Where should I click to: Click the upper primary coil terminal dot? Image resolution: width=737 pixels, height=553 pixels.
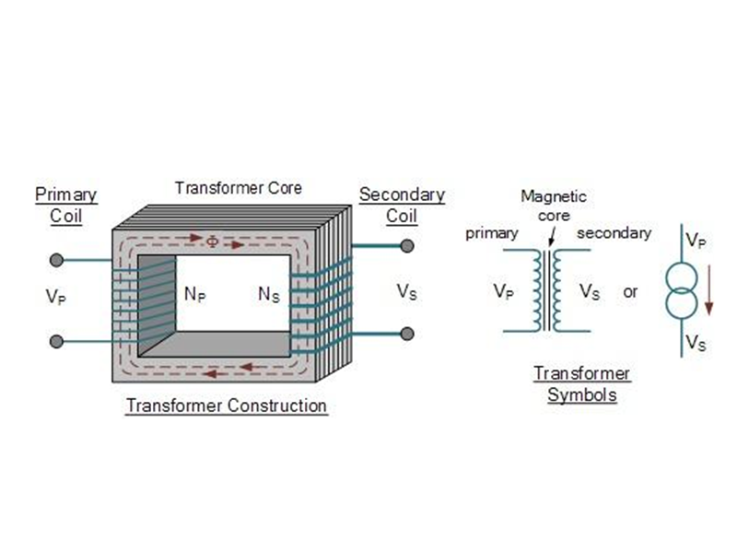click(x=56, y=260)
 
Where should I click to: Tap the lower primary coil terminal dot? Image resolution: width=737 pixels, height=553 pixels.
click(x=56, y=341)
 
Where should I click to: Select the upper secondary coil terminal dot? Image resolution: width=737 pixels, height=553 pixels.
click(x=407, y=245)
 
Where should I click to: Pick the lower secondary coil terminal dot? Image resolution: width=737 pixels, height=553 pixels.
click(x=407, y=334)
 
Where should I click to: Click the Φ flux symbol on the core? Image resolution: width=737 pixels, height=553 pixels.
click(x=213, y=241)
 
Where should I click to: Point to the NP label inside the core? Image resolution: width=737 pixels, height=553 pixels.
click(x=195, y=294)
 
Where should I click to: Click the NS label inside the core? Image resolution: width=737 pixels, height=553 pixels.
click(x=269, y=294)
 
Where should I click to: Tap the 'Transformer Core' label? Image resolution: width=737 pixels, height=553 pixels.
click(x=239, y=188)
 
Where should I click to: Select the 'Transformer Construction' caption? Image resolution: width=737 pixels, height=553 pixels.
click(x=227, y=406)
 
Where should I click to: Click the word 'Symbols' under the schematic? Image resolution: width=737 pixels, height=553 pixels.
click(x=582, y=394)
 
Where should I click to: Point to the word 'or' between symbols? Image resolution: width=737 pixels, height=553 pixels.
click(x=630, y=292)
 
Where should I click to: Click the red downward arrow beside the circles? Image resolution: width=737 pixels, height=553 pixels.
click(x=709, y=290)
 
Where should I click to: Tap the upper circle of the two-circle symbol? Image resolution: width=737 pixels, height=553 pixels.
click(x=682, y=279)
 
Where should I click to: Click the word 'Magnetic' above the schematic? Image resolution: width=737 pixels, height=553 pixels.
click(x=554, y=196)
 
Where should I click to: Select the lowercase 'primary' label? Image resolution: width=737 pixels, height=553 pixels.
click(x=492, y=234)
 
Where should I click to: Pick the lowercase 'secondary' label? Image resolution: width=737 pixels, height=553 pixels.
click(x=614, y=233)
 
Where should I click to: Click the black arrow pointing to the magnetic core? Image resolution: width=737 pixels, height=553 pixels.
click(x=552, y=237)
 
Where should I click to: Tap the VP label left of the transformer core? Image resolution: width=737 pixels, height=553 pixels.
click(x=56, y=297)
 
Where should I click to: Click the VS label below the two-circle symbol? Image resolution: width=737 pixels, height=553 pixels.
click(x=696, y=342)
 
